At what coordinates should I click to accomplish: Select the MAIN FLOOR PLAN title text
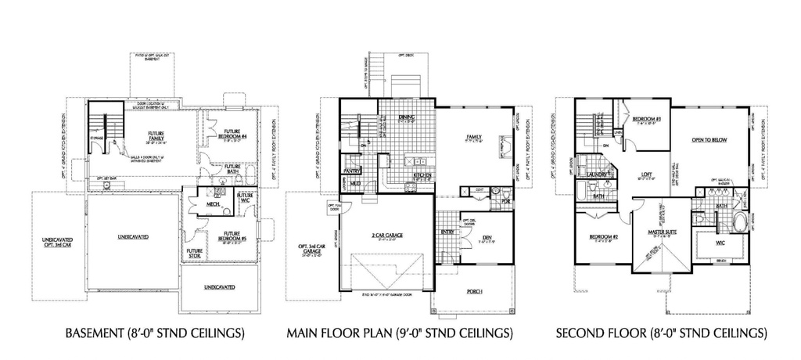[x=400, y=333]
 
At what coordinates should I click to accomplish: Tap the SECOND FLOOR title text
[x=661, y=333]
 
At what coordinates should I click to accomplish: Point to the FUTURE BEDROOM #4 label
[x=234, y=134]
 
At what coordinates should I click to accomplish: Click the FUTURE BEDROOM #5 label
[x=232, y=236]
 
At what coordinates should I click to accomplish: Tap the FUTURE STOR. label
[x=195, y=254]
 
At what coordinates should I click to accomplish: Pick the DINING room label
[x=407, y=118]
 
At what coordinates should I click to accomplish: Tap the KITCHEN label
[x=423, y=175]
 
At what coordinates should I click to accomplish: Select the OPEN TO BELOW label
[x=709, y=140]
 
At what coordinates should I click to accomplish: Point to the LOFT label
[x=647, y=175]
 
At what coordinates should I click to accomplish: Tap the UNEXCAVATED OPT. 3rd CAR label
[x=56, y=239]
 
